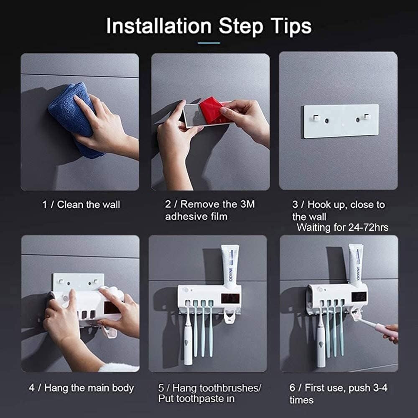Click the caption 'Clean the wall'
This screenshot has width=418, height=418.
click(88, 205)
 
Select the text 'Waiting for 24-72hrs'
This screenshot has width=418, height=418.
click(342, 228)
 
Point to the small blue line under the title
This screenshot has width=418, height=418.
click(209, 43)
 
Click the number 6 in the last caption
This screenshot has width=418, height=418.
click(293, 388)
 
